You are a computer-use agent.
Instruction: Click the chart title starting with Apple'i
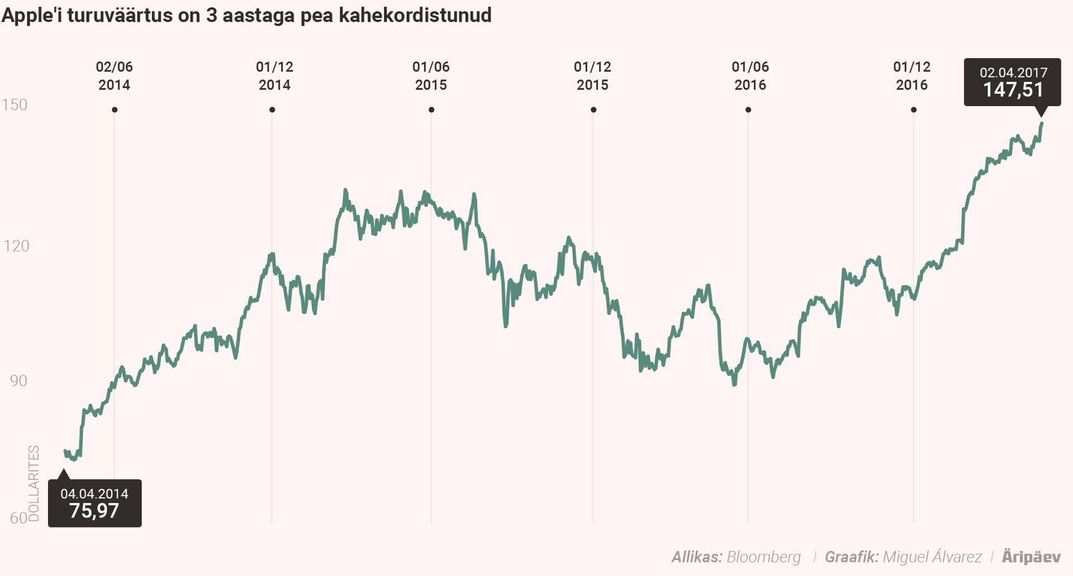[x=246, y=15]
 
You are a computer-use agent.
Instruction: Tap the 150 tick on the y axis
[x=15, y=104]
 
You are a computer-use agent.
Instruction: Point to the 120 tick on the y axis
[x=16, y=245]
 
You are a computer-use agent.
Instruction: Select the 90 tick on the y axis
[x=18, y=380]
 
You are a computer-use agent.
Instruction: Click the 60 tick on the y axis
[x=18, y=518]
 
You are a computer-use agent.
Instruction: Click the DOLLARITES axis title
[x=34, y=483]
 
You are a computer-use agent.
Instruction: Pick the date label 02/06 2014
[x=114, y=76]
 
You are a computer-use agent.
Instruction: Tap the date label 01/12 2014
[x=274, y=76]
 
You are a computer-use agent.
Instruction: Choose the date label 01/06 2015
[x=431, y=76]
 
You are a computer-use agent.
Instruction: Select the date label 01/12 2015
[x=592, y=76]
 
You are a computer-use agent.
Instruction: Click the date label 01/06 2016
[x=750, y=76]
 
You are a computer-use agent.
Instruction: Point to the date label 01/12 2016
[x=911, y=76]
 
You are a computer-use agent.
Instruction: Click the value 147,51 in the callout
[x=1013, y=90]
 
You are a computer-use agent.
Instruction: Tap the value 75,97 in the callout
[x=94, y=511]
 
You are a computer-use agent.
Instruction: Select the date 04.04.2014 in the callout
[x=94, y=494]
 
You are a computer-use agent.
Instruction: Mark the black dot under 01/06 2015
[x=431, y=110]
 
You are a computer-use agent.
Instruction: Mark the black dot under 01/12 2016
[x=914, y=110]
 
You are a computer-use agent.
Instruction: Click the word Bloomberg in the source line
[x=763, y=557]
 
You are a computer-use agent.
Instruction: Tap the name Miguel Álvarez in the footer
[x=932, y=557]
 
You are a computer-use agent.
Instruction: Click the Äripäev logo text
[x=1031, y=557]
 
